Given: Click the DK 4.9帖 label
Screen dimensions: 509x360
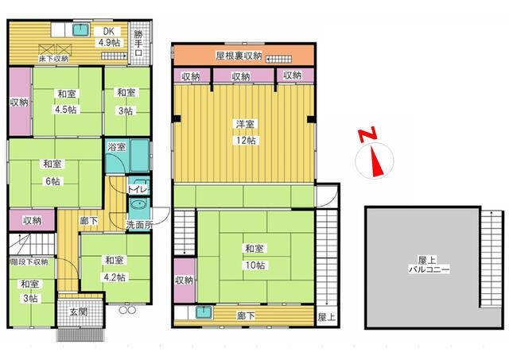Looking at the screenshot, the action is click(109, 37).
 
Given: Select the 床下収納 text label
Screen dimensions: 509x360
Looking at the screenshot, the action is click(53, 59).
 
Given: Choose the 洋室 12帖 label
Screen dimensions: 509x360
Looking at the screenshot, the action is click(245, 132).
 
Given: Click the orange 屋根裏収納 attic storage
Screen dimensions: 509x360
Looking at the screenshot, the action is click(244, 56).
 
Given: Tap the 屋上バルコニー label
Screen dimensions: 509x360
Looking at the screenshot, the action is click(429, 265).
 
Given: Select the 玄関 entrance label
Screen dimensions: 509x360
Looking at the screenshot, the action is click(79, 312).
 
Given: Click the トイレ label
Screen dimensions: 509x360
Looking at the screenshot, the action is click(138, 189).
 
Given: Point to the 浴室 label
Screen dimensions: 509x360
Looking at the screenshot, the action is click(117, 147).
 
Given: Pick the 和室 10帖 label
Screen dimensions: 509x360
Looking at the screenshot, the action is click(255, 257).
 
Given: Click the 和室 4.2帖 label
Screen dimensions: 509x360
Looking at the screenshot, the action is click(115, 269).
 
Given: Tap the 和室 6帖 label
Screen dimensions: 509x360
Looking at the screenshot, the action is click(52, 172).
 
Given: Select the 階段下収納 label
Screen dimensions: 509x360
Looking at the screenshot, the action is click(29, 261).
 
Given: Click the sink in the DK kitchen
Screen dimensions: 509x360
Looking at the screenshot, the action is click(80, 30).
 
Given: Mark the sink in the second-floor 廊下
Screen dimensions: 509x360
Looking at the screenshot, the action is click(204, 312).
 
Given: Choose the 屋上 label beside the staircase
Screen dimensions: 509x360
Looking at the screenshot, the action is click(327, 317).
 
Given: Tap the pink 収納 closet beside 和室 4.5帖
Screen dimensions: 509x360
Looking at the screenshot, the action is click(20, 101).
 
